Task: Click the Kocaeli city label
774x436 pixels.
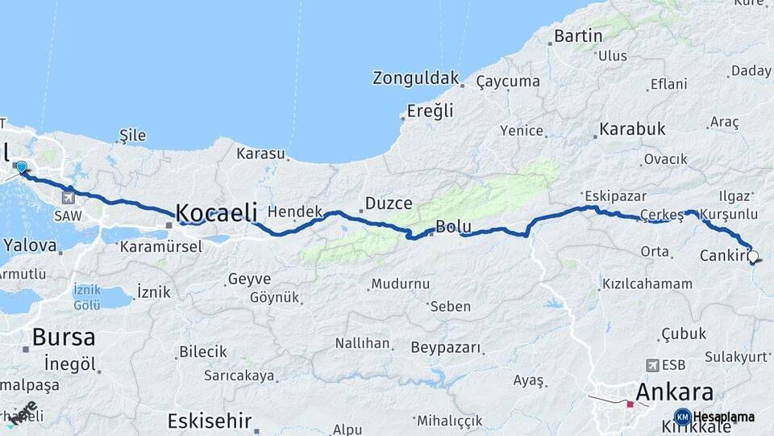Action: pos(216,212)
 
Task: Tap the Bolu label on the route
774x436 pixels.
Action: pos(452,228)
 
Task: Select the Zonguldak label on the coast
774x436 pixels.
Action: pos(416,78)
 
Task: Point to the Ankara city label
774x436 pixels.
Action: pos(675,393)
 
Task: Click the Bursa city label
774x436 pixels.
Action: pos(64,337)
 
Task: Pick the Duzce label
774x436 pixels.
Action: pos(389,203)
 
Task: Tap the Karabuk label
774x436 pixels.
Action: pos(632,129)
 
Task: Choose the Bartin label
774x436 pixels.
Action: pos(578,36)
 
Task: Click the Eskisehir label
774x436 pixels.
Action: pos(210,421)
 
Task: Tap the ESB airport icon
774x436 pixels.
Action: pos(652,365)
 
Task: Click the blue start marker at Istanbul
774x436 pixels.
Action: pos(21,168)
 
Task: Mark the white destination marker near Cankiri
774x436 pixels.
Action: pos(753,257)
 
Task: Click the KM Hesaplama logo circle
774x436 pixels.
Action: pos(682,417)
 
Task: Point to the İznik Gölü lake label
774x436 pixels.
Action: pos(87,296)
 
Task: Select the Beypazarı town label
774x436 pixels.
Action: pos(446,348)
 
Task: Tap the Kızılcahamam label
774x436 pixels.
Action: pos(647,283)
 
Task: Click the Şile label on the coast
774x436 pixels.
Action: pos(133,135)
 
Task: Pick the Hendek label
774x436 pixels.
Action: pos(295,212)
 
